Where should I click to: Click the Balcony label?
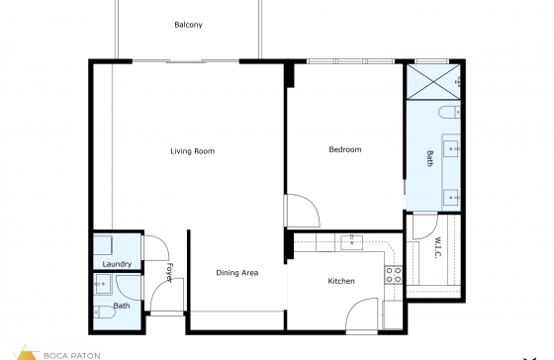(188, 25)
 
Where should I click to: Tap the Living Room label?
(193, 151)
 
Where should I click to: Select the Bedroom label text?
(345, 149)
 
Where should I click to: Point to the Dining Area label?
(237, 273)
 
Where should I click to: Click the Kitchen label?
(341, 281)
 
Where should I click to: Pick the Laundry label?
(117, 264)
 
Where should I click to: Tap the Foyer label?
(169, 272)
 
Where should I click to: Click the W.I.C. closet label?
(437, 247)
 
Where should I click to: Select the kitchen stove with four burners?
(394, 275)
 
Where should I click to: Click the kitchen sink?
(351, 242)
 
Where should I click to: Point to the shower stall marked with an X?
(433, 82)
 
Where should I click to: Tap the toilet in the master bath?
(449, 113)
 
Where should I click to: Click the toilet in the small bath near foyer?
(105, 312)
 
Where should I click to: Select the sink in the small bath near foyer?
(103, 284)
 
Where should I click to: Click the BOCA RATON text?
(71, 356)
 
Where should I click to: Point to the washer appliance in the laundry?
(103, 245)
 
